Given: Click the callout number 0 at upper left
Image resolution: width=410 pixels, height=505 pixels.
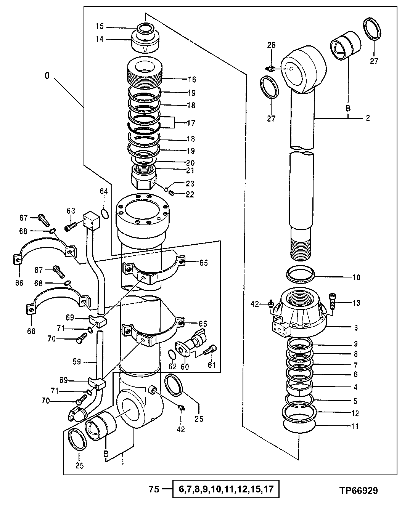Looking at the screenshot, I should tap(47, 76).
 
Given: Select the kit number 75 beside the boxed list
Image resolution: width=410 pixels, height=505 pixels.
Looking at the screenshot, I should tap(154, 489).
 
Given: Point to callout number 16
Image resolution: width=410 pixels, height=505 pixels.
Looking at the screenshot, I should tap(191, 80).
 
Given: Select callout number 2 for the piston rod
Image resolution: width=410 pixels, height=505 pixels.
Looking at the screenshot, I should tap(367, 118).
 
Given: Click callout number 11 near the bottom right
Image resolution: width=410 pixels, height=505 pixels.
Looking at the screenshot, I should tap(355, 426).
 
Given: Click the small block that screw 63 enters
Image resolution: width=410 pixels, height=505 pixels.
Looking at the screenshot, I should tap(92, 221).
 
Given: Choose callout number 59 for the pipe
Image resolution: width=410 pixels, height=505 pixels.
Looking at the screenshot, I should tap(77, 361).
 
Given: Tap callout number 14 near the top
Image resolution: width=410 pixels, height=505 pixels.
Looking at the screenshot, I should tap(100, 39).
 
